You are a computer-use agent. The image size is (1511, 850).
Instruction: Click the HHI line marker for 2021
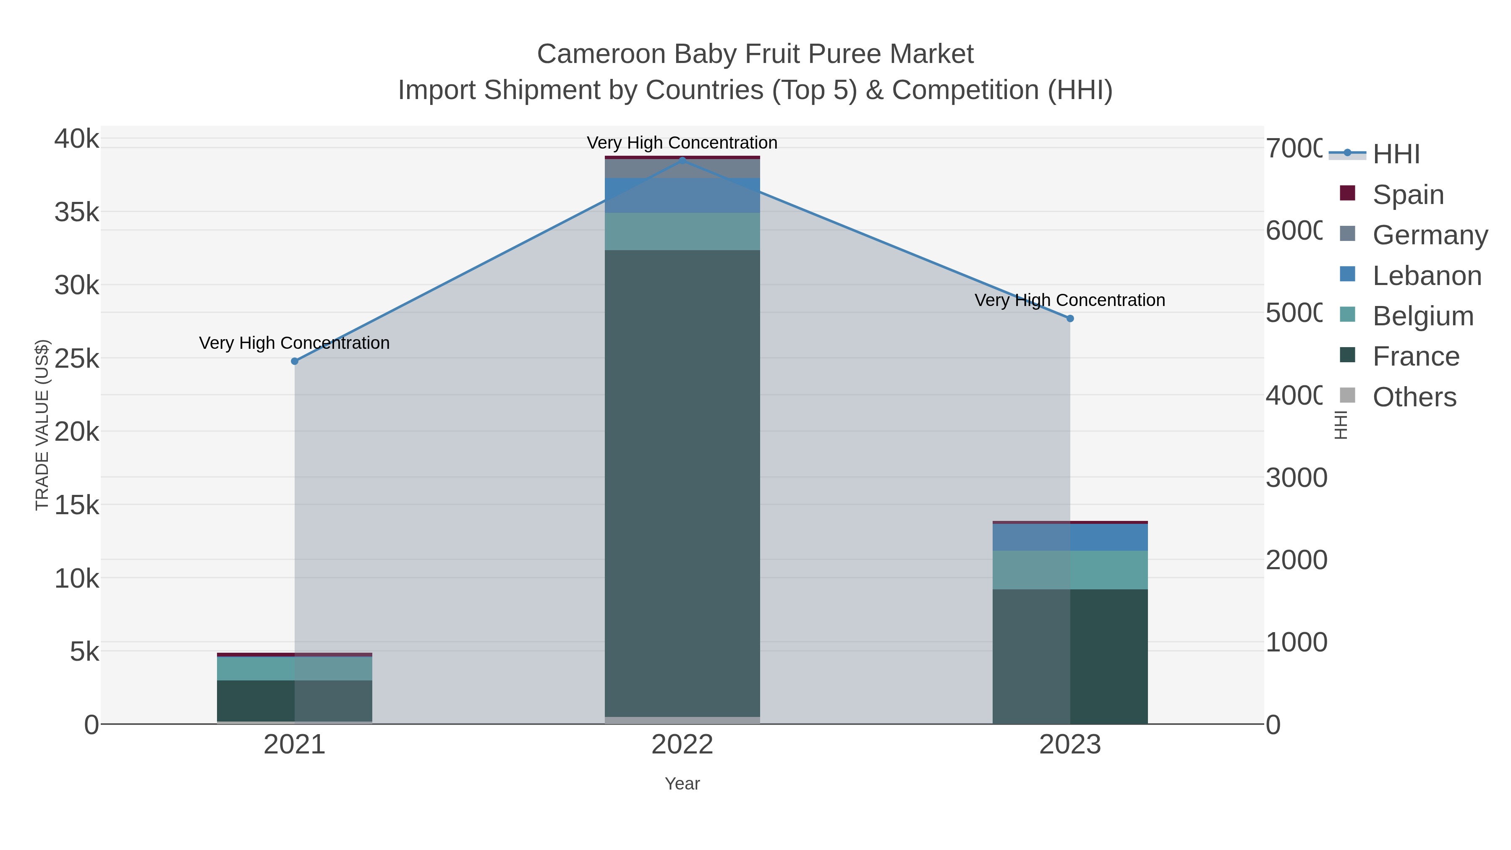[295, 361]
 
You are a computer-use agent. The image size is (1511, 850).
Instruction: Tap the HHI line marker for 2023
[1070, 319]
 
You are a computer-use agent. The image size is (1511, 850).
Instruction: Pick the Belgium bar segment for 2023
[1070, 570]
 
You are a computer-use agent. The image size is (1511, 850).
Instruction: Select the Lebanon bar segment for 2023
[1070, 537]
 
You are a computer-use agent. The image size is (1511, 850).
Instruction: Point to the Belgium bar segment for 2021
[295, 668]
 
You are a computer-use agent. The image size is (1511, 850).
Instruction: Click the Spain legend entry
[1408, 194]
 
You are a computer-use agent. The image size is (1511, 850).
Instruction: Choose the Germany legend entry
[1430, 235]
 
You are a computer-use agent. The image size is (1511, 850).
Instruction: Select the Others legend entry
[1414, 397]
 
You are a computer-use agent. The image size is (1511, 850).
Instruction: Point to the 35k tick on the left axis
[77, 212]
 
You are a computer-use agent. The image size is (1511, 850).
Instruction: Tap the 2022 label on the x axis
[682, 745]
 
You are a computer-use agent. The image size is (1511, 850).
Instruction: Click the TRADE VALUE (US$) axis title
[42, 425]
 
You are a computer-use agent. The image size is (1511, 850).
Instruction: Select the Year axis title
[682, 784]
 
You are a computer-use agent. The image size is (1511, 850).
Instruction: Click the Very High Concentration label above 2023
[1070, 301]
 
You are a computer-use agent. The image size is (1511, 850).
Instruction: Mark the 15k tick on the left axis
[77, 505]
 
